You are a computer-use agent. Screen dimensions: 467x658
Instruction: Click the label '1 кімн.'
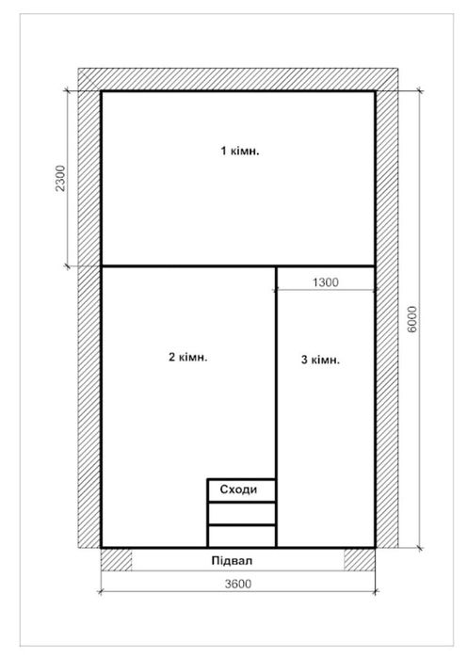(x=240, y=151)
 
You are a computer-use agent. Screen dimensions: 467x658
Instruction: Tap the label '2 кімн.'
(x=188, y=357)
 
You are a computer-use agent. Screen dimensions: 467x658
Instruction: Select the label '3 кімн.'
(x=320, y=360)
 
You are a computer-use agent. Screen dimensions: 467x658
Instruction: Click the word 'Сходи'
(x=238, y=489)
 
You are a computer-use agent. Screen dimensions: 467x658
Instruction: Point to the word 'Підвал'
(x=232, y=561)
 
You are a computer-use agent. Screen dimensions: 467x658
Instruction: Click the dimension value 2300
(x=61, y=178)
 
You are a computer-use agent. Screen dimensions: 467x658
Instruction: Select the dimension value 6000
(x=412, y=319)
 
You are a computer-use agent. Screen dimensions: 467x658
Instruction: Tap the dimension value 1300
(x=326, y=282)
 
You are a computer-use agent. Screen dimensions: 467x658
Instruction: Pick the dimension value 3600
(x=238, y=584)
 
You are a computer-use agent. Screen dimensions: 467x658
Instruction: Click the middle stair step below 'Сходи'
(x=242, y=513)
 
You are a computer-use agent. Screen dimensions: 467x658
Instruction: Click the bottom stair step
(x=242, y=536)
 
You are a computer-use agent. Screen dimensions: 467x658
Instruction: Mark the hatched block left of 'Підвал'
(x=116, y=559)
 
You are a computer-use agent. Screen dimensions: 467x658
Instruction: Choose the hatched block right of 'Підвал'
(x=360, y=559)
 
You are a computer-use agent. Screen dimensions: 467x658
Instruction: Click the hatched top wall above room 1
(x=238, y=79)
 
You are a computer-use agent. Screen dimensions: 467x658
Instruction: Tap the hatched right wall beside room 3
(x=387, y=319)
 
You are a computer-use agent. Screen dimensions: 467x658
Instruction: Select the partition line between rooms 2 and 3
(x=276, y=407)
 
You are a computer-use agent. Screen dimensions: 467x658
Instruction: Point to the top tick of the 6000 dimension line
(x=419, y=90)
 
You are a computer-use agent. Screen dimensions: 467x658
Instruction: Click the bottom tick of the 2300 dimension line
(x=67, y=266)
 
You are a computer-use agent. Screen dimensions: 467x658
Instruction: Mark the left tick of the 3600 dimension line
(x=101, y=592)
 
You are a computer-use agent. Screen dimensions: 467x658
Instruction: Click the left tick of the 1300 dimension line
(x=275, y=289)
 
